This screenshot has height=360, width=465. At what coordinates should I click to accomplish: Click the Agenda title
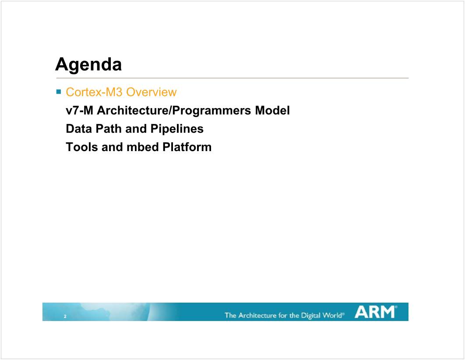coord(88,65)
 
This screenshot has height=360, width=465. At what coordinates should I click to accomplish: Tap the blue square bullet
coord(58,92)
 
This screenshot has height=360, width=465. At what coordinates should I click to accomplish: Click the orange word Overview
coord(151,92)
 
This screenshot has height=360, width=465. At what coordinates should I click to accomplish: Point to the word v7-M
coord(80,110)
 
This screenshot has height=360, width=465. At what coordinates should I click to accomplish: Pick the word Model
coord(272,110)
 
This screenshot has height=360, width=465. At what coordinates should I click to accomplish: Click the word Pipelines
coord(177,129)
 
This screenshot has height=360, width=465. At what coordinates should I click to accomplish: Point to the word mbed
coord(143,147)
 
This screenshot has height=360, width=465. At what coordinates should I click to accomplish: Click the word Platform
coord(187,147)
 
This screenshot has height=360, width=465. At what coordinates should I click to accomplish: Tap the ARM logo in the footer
coord(375,312)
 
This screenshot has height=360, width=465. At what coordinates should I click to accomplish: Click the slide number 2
coord(65,316)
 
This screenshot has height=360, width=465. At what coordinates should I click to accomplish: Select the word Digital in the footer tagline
coord(311,315)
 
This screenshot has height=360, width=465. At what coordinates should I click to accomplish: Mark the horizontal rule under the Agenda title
coord(232,78)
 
